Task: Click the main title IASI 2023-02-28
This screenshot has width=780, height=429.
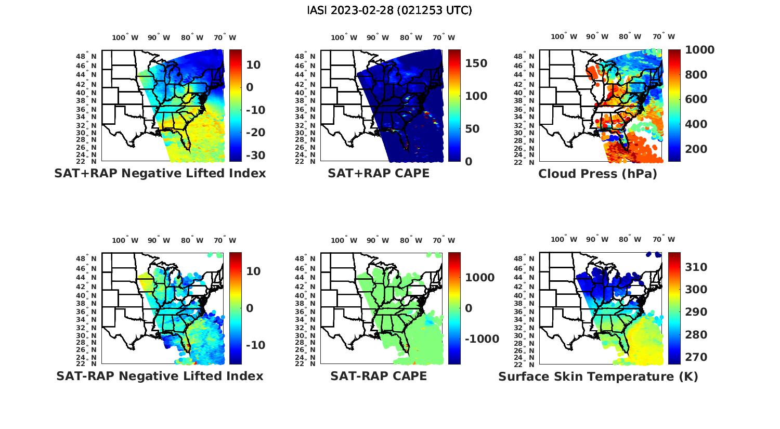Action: tap(389, 10)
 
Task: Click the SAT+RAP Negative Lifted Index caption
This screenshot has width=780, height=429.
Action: tap(160, 173)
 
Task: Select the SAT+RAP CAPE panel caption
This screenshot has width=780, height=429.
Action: tap(379, 173)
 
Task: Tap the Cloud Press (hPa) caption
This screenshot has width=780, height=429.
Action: tap(597, 174)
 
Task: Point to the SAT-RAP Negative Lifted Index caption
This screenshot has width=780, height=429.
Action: tap(160, 376)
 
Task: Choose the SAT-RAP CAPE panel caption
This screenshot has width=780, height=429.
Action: tap(379, 376)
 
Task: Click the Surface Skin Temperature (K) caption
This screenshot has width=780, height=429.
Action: tap(598, 376)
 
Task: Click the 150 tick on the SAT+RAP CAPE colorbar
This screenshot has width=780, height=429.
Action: tap(476, 63)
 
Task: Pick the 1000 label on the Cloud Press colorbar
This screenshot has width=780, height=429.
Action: tap(699, 50)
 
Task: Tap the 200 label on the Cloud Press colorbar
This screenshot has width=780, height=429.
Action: tap(696, 149)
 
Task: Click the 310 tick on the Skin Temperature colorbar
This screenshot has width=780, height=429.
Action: tap(696, 267)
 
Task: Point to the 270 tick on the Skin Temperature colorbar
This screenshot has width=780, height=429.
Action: tap(696, 357)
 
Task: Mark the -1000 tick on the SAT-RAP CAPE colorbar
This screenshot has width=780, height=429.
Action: tap(482, 339)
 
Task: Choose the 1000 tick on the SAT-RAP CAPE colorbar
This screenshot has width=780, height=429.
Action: tap(479, 278)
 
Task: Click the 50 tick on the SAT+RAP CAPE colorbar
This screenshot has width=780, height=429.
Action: tap(472, 129)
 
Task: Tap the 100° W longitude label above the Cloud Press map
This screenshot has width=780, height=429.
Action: tap(564, 37)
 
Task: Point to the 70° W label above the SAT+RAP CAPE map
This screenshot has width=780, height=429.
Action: tap(444, 37)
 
